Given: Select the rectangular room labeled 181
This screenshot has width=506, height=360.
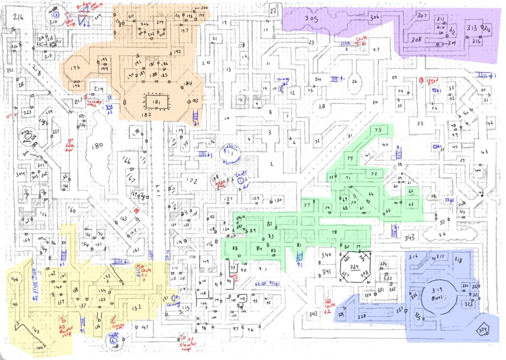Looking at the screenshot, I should [157, 102].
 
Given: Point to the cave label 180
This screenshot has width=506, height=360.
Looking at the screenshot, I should [97, 145].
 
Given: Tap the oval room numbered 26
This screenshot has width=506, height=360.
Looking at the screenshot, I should [354, 82].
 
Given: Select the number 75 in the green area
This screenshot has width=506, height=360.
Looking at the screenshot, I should [379, 130].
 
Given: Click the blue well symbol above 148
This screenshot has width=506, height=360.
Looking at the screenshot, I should [113, 337].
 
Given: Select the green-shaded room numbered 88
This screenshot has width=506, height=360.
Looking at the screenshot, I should [235, 248].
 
